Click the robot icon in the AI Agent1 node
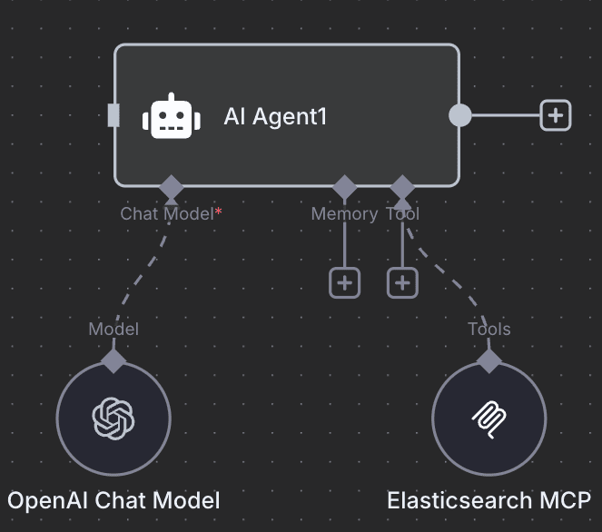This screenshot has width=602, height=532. coord(171,116)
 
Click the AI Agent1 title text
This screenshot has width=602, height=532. coord(275,116)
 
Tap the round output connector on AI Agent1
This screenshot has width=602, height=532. coord(460,115)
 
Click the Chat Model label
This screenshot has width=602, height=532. coord(167,213)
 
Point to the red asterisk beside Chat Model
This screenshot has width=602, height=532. coord(219,212)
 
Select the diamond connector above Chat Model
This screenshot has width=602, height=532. coord(171,188)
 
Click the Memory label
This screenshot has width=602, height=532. coord(344,213)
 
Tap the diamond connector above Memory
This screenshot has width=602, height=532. coord(344,188)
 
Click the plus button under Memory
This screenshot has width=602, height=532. coord(344,282)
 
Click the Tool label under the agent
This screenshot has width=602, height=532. coord(402,213)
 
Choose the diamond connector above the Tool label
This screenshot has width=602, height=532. coord(402,188)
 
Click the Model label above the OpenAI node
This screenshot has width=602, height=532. coord(113,329)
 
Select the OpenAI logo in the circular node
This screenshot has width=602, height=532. coord(113,419)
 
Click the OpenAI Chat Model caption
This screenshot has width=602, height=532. coord(113,499)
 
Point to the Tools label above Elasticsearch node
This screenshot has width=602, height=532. coord(489,329)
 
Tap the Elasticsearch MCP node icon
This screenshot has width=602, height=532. coord(489,419)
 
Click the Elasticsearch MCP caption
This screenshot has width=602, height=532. coord(489,499)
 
